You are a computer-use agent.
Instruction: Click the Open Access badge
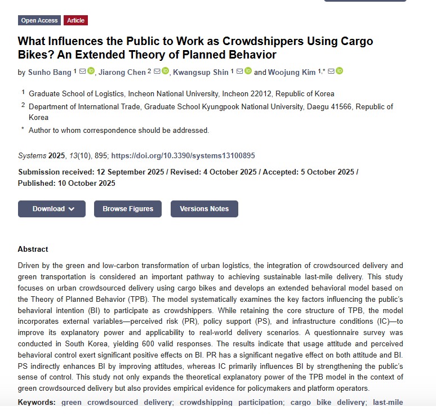click(39, 20)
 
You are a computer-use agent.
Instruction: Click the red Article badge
click(75, 20)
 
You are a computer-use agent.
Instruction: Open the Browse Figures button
click(128, 209)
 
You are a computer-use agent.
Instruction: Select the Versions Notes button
click(204, 209)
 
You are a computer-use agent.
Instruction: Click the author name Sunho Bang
click(50, 72)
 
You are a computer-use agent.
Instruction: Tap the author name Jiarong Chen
click(122, 72)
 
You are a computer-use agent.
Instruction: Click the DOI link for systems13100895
click(183, 155)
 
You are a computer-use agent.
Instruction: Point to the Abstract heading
click(33, 249)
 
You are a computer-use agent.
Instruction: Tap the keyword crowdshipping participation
click(231, 402)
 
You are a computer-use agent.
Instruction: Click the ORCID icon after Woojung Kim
click(339, 71)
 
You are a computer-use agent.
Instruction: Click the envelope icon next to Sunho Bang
click(82, 71)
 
